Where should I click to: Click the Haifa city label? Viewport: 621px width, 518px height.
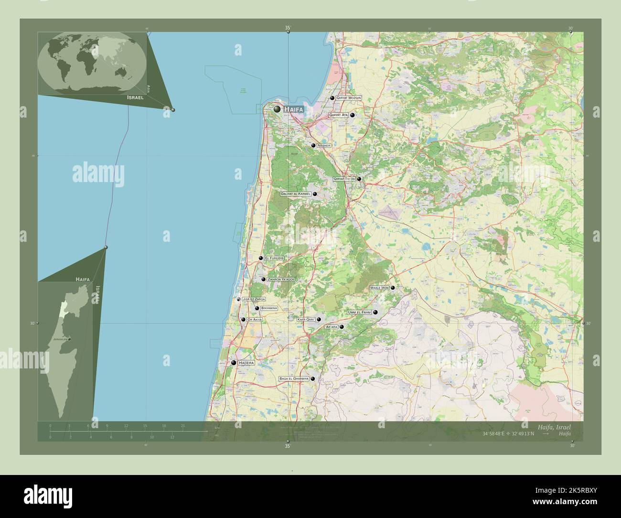pos(294,109)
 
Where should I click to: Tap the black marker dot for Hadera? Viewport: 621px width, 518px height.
pos(234,363)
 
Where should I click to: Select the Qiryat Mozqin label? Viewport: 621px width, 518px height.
pos(349,98)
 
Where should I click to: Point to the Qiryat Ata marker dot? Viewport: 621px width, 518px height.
pos(353,115)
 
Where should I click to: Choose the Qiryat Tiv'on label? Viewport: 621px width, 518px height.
pos(344,179)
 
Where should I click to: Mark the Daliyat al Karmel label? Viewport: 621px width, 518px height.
pos(296,194)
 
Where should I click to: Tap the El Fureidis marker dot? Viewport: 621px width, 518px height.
pos(261,258)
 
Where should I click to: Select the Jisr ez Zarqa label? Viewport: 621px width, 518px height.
pos(254,299)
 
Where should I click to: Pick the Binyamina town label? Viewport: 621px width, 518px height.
pos(269,309)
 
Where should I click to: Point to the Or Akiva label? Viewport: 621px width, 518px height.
pos(255,319)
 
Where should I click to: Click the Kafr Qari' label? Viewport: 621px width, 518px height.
pos(306,319)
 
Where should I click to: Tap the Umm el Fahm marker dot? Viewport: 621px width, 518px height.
pos(375,313)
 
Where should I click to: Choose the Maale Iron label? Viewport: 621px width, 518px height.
pos(380,288)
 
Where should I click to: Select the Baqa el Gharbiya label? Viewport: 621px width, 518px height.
pos(294,378)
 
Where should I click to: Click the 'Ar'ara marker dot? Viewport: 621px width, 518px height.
pos(342,327)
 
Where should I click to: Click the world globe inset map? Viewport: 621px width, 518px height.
pos(92,63)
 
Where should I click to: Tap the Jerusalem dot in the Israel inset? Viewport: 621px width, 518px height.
pos(69,339)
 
